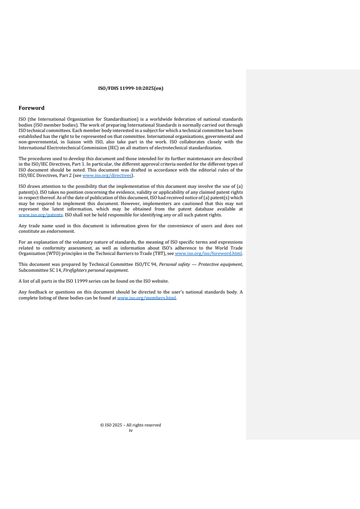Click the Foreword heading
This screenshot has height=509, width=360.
tap(31, 108)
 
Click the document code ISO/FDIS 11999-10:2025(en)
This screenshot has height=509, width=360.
tap(131, 88)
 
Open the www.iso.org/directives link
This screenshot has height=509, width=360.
tap(107, 175)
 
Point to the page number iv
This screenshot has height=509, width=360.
tap(131, 430)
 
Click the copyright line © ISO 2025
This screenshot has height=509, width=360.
tap(131, 425)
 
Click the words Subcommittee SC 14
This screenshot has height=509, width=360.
tap(39, 270)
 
